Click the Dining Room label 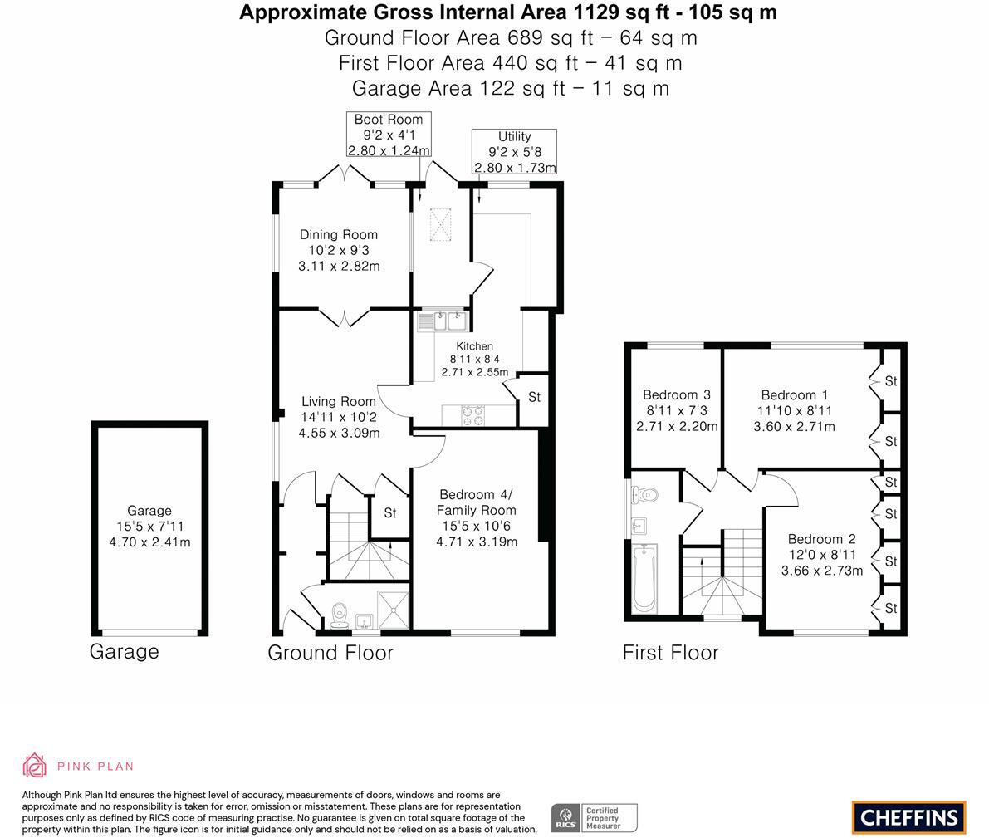[x=338, y=235]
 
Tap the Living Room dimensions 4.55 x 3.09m [x=338, y=433]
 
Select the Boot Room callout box [x=389, y=135]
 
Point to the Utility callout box [x=514, y=151]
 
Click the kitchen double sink [x=443, y=320]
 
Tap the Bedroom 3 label [x=676, y=395]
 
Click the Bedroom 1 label [x=794, y=395]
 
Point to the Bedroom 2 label [x=821, y=539]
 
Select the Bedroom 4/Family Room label [x=477, y=501]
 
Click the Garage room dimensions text [x=149, y=535]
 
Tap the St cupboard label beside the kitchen [x=534, y=397]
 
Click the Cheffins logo [x=908, y=816]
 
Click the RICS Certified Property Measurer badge [x=595, y=818]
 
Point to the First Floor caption [x=670, y=653]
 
